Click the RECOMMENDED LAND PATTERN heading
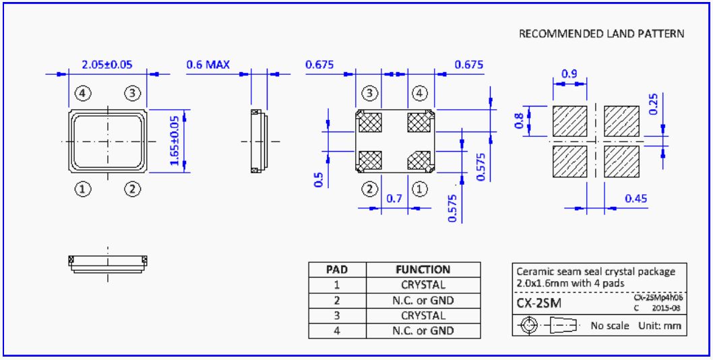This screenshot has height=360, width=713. click(601, 34)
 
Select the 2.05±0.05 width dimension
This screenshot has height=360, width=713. click(106, 65)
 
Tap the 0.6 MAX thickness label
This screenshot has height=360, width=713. click(208, 65)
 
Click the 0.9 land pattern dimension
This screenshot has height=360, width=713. click(569, 74)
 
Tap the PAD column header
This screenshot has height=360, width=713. click(336, 270)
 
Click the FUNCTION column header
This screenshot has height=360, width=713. click(423, 270)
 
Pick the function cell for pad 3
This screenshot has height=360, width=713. click(423, 316)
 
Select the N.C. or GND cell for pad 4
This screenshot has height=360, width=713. click(423, 331)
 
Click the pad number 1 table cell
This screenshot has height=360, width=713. click(336, 285)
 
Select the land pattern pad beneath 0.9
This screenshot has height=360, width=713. click(570, 121)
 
